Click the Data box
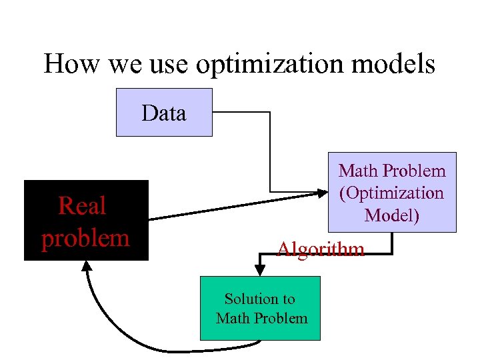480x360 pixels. click(164, 112)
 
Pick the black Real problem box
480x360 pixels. click(86, 220)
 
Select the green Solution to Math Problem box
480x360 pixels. click(260, 308)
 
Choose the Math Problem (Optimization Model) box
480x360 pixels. click(391, 192)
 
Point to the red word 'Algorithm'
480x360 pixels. click(321, 249)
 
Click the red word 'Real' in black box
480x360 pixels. click(82, 206)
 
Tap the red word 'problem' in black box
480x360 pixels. click(86, 238)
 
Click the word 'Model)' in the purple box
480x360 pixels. click(391, 215)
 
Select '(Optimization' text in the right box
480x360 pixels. click(391, 193)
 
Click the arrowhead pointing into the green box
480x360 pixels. click(260, 270)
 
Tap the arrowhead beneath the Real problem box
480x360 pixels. click(87, 265)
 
